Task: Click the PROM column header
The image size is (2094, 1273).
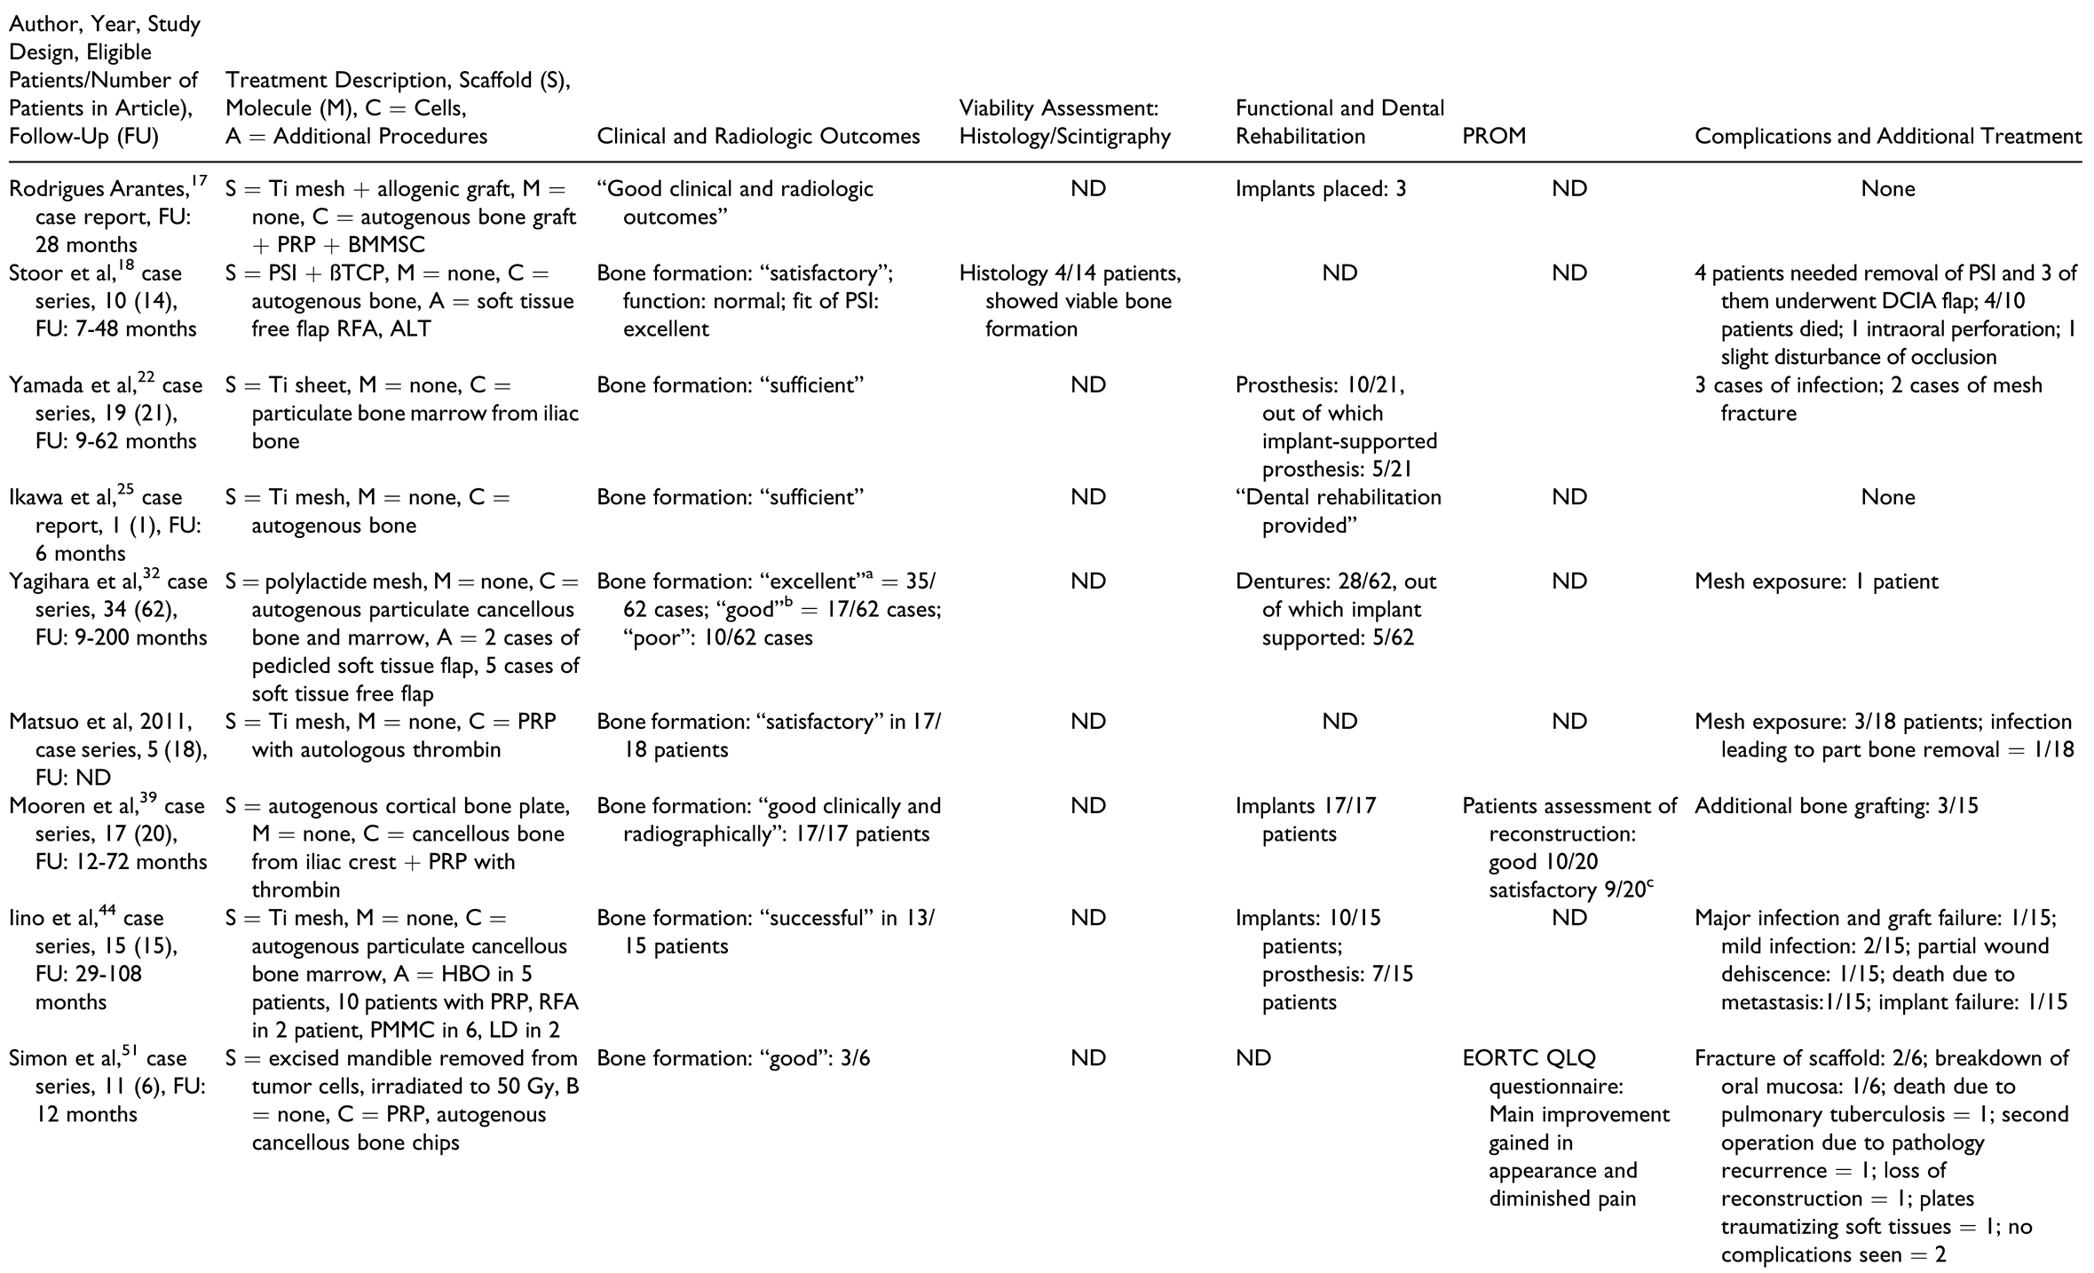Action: point(1494,136)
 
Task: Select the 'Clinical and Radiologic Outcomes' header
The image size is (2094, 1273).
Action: point(758,136)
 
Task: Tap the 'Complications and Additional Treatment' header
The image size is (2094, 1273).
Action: point(1887,136)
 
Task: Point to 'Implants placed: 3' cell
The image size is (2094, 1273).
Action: point(1321,188)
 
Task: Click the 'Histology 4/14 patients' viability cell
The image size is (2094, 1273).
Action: point(1070,273)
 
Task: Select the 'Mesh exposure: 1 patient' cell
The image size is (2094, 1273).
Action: point(1816,581)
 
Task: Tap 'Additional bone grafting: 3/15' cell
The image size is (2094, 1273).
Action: point(1836,806)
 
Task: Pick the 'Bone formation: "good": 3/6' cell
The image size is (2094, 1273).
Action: point(733,1058)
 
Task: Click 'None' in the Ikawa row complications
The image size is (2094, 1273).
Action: point(1887,497)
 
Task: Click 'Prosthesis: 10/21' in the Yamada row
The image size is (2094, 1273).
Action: point(1320,385)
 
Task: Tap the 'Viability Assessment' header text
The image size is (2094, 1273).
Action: point(1058,108)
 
